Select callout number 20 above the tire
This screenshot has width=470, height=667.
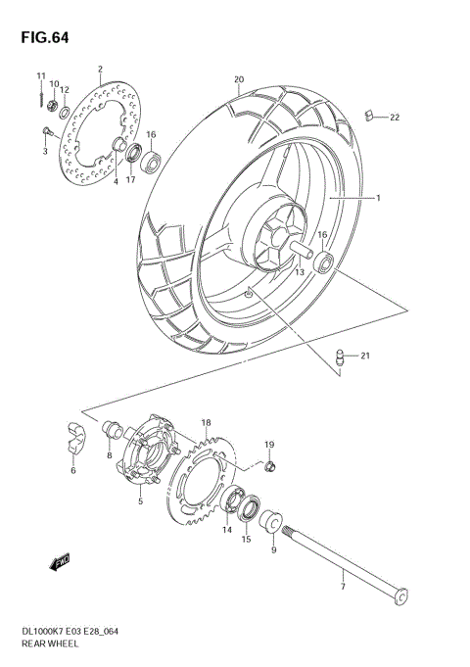[x=238, y=79]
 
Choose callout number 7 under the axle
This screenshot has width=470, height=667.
[x=343, y=586]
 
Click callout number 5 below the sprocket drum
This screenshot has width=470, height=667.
[x=141, y=501]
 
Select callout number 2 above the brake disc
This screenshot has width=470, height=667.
[x=100, y=70]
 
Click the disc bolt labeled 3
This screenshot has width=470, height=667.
[x=45, y=131]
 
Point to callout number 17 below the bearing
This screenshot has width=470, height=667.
[x=129, y=179]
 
